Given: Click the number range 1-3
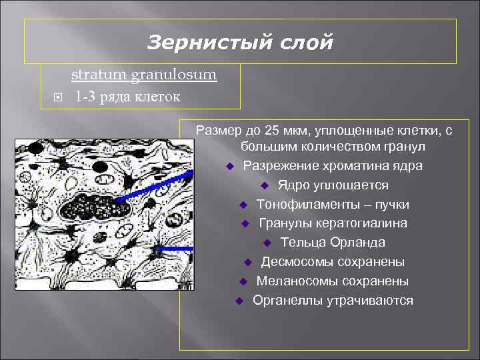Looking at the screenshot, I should point(85,97).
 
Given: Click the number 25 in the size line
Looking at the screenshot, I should point(272,130).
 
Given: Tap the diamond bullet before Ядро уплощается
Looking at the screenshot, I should point(265,185).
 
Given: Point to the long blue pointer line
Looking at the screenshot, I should point(153,185).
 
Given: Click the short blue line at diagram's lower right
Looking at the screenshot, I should point(175,247).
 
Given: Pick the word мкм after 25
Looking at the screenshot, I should point(296,130).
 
